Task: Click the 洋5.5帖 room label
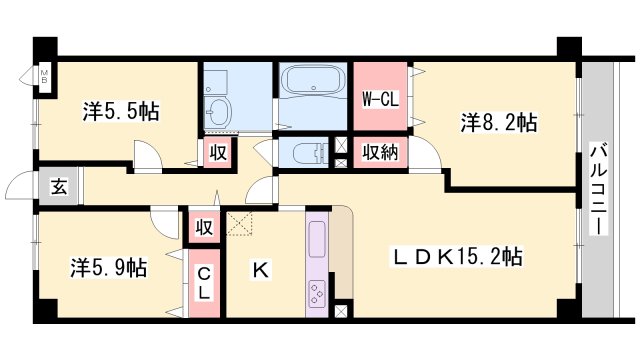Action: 120,111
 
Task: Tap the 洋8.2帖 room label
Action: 498,123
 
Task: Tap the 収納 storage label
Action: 379,153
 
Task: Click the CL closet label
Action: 204,282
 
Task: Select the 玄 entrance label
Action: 59,186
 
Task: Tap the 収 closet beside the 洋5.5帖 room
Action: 217,153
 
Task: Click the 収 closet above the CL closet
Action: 204,226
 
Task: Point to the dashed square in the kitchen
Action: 241,224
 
